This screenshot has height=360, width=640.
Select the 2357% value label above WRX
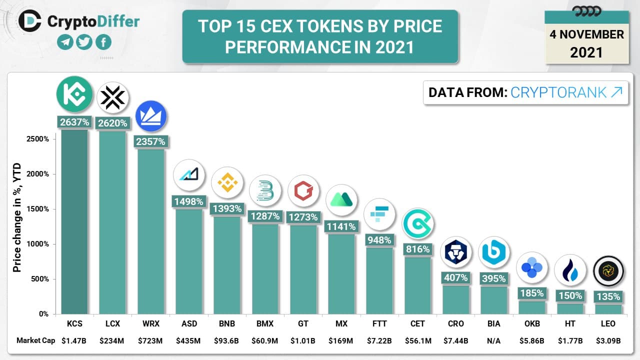[151, 141]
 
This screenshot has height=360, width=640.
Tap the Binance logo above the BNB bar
[227, 182]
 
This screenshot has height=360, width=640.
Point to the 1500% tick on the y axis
[38, 209]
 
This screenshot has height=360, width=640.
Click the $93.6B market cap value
[227, 341]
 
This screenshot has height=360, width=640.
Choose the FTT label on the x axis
[379, 323]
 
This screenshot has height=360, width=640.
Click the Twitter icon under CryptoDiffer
[84, 42]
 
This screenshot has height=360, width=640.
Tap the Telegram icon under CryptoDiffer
[65, 42]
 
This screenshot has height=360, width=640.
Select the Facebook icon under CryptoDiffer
[103, 42]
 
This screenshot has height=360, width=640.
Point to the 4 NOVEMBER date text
[586, 34]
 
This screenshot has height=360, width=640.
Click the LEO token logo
[608, 271]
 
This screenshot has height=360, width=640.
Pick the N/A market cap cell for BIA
[493, 341]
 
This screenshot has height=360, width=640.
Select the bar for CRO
[455, 299]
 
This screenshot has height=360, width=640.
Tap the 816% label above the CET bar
[417, 249]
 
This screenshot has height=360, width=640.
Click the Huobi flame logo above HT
[570, 270]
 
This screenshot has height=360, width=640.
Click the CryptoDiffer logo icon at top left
[30, 20]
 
